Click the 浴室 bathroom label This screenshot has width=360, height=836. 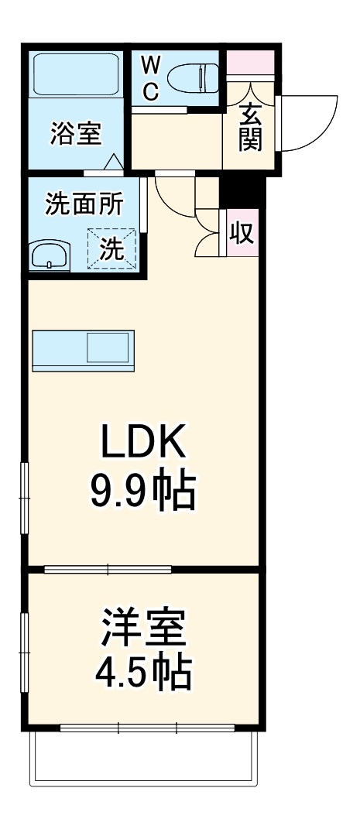pos(76,133)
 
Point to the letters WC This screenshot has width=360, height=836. pos(150,78)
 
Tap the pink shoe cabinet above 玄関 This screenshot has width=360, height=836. pos(249,63)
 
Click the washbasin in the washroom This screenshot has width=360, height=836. pos(50,255)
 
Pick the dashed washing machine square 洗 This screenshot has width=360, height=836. pos(111,248)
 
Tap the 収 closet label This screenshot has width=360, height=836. pos(243,232)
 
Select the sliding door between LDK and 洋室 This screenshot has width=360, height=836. pos(108,570)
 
